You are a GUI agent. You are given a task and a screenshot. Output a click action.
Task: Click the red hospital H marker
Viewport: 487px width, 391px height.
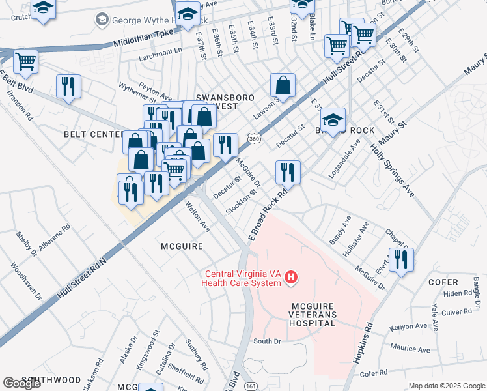click(x=292, y=278)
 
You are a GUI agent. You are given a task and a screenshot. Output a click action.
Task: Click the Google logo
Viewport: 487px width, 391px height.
click(x=21, y=383)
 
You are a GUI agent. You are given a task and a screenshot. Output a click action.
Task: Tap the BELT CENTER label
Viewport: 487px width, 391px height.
click(x=93, y=134)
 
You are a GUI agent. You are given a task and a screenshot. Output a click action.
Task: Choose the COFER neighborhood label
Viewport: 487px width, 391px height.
click(x=444, y=282)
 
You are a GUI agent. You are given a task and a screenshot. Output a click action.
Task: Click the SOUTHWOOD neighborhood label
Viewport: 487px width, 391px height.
click(x=51, y=380)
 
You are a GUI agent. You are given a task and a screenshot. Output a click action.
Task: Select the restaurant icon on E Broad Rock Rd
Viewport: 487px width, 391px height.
click(x=288, y=173)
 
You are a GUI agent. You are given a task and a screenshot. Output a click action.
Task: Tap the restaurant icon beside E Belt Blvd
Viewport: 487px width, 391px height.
click(x=69, y=86)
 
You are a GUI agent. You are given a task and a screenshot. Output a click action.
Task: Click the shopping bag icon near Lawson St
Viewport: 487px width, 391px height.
click(x=283, y=85)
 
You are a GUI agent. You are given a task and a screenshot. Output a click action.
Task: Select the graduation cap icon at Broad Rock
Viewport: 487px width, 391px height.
click(x=333, y=120)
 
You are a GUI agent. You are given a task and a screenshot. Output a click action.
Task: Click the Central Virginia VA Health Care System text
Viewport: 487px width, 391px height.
click(x=243, y=278)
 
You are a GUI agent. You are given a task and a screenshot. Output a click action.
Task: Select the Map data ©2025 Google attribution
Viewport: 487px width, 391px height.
click(x=447, y=386)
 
